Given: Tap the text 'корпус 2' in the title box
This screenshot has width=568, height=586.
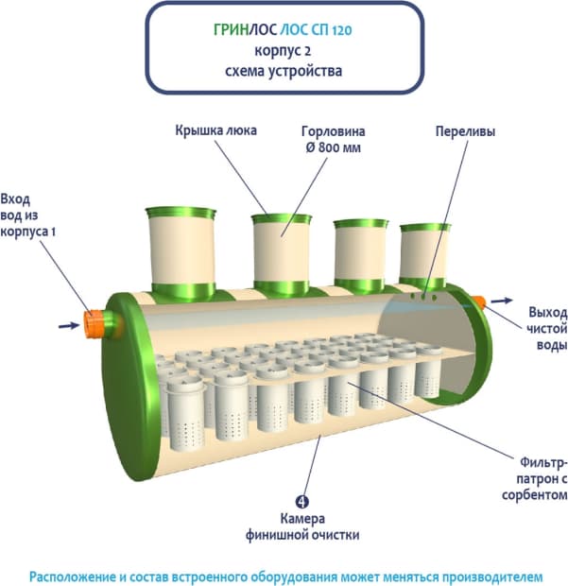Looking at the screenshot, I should (x=284, y=50).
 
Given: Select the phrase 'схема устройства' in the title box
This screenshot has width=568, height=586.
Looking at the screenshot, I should (x=284, y=70).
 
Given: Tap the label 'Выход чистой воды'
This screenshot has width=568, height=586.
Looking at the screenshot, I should (x=546, y=327).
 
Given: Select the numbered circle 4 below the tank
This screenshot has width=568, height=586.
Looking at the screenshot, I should (x=301, y=501).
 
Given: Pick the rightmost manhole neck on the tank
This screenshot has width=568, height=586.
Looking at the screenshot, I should (x=425, y=253).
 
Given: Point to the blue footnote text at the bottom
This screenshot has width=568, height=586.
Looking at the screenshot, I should (x=284, y=573).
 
